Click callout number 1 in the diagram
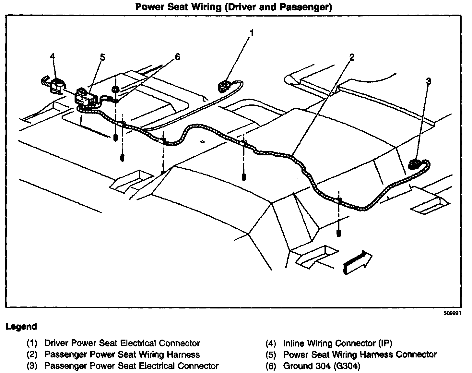coord(252,33)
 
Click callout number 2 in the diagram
coord(352,57)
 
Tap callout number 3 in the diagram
coord(429,81)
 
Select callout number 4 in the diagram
coord(53,56)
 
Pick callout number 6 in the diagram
coord(177,57)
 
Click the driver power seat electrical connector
coord(224,87)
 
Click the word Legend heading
coord(21,327)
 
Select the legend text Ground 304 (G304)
coord(321,366)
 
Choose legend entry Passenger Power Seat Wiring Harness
coord(122,355)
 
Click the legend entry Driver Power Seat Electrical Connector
coord(122,343)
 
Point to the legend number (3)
coord(32,366)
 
